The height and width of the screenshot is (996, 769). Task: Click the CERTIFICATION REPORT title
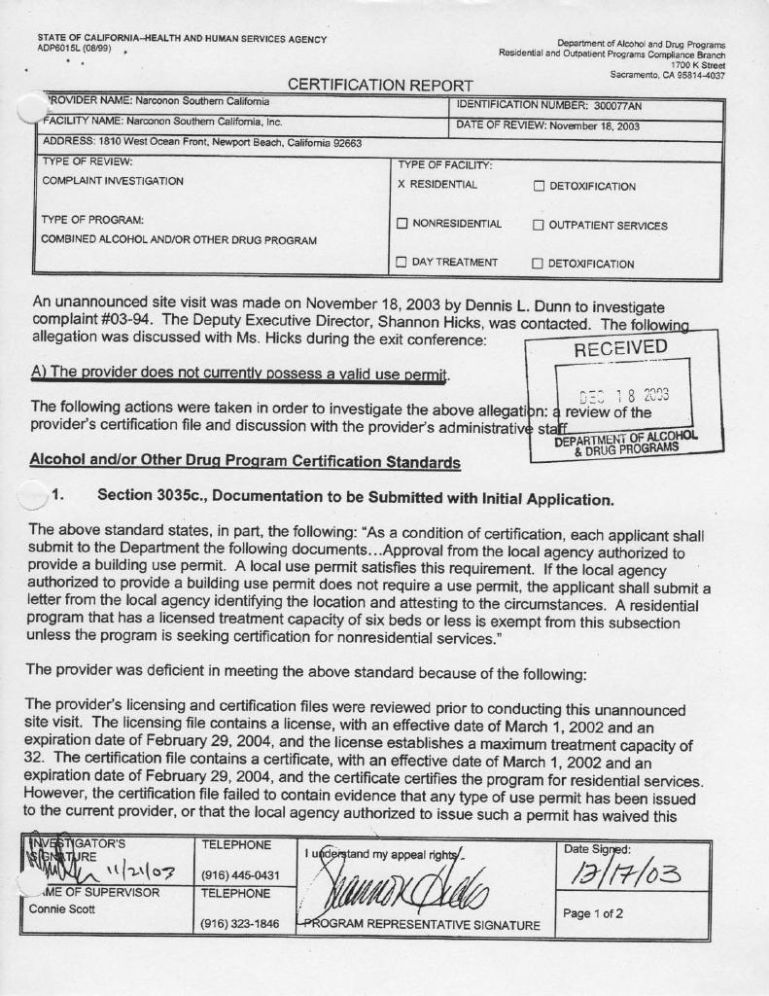point(380,86)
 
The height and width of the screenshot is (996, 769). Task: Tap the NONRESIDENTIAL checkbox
point(402,225)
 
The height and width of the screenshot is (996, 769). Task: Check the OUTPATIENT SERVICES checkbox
point(538,226)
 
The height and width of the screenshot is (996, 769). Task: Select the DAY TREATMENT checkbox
point(402,263)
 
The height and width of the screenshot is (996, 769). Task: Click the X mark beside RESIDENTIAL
point(402,185)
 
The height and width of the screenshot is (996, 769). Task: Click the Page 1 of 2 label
point(593,913)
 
